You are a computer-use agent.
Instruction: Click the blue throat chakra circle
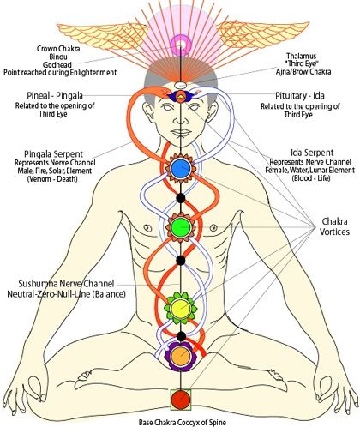181,168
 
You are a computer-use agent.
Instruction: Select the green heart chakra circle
181,227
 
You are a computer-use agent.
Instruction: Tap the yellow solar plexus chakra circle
180,308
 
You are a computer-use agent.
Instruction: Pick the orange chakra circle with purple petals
181,356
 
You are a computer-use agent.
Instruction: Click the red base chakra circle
181,400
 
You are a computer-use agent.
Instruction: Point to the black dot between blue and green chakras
180,198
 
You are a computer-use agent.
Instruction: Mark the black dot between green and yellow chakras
180,261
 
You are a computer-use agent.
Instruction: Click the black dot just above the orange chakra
180,336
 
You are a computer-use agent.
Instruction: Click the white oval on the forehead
181,85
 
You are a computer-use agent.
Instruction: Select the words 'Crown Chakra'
58,49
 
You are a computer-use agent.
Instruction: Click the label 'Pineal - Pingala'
55,95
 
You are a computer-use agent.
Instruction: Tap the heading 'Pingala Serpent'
53,154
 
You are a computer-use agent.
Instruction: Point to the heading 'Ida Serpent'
312,153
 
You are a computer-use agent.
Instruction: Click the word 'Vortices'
334,232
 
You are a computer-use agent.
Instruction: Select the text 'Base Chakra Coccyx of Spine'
183,422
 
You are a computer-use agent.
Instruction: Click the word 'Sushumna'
38,284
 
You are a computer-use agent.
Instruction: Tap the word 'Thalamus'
302,56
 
